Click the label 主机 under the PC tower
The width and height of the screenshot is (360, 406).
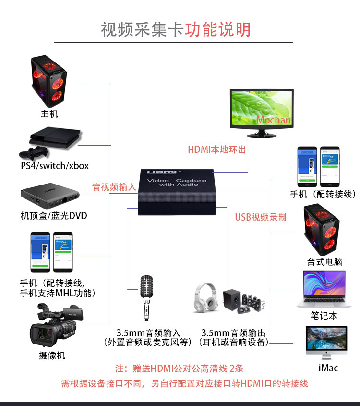click(49, 114)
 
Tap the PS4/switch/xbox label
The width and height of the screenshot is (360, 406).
click(55, 166)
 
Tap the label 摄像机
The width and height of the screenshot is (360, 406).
click(52, 356)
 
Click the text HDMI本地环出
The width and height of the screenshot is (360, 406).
click(216, 149)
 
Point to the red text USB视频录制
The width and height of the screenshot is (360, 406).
click(260, 217)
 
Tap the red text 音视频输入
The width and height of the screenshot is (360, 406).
click(114, 187)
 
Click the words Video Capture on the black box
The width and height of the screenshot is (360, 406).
click(176, 181)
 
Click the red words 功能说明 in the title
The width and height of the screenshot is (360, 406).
click(218, 29)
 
